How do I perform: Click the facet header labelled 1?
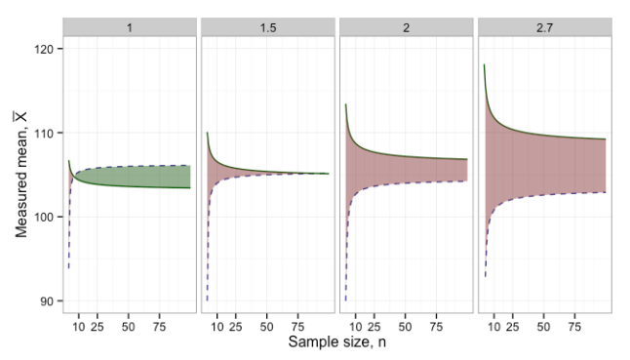129,26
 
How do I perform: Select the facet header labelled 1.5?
267,26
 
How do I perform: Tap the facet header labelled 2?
406,26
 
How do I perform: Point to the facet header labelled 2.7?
544,26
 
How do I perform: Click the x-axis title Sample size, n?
337,343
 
